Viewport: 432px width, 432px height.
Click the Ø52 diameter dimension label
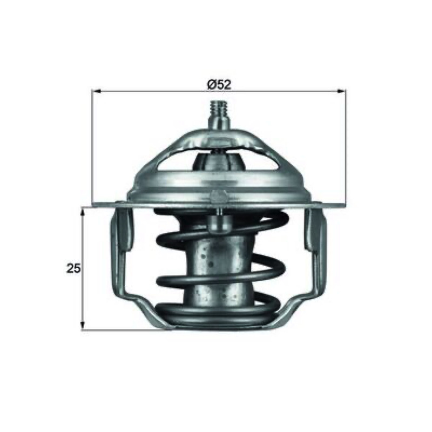pyautogui.click(x=219, y=84)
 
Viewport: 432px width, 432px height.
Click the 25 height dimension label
pyautogui.click(x=73, y=268)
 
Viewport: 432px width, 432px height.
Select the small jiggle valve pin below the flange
pyautogui.click(x=219, y=222)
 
